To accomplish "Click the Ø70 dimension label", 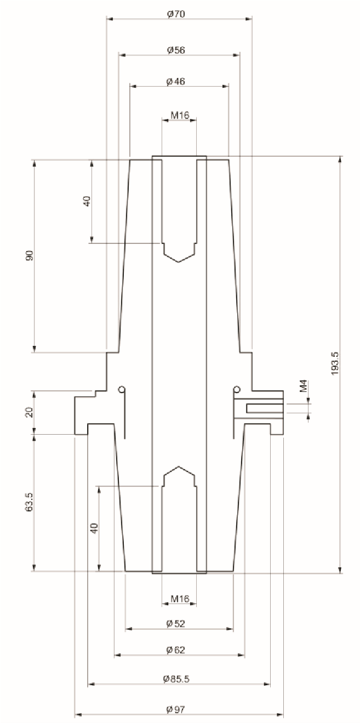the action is [176, 14].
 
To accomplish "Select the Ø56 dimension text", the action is [176, 50].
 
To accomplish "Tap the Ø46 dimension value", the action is [176, 82].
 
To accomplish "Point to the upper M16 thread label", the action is [180, 115].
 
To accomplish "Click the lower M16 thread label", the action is [180, 599].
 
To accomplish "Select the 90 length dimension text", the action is [30, 255].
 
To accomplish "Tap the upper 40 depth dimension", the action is [87, 201].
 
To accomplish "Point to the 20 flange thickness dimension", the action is [30, 412].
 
